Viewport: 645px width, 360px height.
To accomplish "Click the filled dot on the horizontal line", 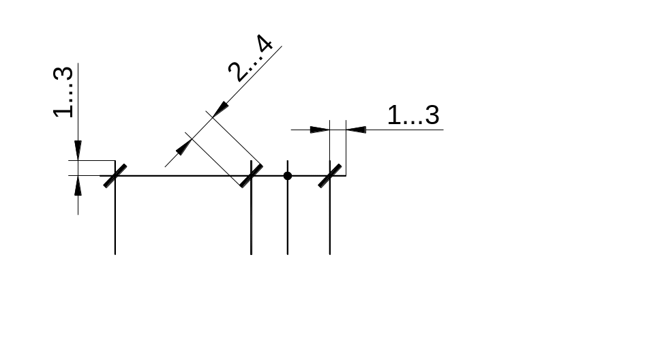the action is (x=288, y=176).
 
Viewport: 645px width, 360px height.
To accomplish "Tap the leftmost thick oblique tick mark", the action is (x=115, y=176).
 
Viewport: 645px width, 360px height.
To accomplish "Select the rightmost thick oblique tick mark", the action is (x=330, y=176).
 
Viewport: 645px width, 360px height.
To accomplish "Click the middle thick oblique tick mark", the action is (x=252, y=176).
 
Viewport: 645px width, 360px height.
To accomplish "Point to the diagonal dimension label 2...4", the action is (x=250, y=58).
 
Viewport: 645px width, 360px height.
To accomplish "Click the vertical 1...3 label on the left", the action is (x=63, y=91).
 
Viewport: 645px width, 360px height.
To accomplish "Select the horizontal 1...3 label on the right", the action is (x=413, y=115).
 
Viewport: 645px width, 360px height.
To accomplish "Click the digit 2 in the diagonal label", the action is (x=238, y=72).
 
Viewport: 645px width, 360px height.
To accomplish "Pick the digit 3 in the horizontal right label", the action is (x=432, y=115).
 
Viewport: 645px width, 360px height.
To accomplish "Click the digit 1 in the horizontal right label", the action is (x=393, y=115).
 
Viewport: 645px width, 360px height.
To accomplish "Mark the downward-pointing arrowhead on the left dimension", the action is (x=78, y=151).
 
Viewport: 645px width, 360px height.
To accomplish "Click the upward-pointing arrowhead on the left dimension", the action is (x=78, y=185).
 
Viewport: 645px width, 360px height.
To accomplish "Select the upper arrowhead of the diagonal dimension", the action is (x=220, y=110).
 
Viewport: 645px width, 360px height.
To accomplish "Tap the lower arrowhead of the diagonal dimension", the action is (x=184, y=147).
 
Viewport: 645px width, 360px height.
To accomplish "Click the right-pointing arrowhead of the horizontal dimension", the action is (x=320, y=130).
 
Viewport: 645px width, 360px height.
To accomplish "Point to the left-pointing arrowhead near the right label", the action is (x=356, y=130).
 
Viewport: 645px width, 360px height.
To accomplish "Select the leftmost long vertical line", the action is (x=115, y=207).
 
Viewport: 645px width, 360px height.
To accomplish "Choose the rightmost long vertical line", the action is (x=330, y=207).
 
